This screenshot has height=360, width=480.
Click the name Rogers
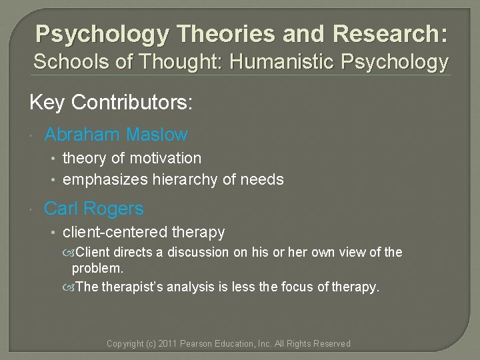click(x=113, y=209)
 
